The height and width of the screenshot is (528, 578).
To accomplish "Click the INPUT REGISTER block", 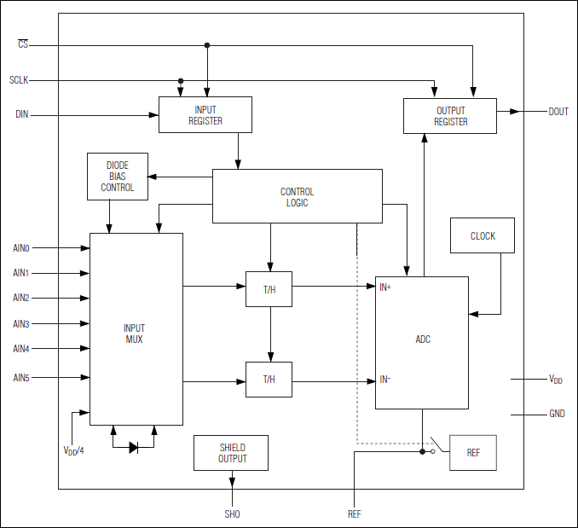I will (205, 114).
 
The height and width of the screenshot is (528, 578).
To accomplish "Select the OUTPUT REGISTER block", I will (450, 116).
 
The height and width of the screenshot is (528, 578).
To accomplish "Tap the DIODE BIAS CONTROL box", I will (118, 177).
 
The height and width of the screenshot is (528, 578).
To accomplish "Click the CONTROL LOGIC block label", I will (297, 197).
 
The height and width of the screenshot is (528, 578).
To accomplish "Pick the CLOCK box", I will (483, 236).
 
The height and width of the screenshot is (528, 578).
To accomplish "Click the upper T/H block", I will (269, 289).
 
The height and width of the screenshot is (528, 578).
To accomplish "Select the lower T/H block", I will (269, 380).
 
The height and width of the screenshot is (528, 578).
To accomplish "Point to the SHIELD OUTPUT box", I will (232, 453).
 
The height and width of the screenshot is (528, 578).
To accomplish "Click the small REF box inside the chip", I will (473, 452).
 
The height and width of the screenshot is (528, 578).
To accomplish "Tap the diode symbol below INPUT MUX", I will (134, 446).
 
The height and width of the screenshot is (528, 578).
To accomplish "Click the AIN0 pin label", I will (21, 248).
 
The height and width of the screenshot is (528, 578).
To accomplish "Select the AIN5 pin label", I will (21, 377).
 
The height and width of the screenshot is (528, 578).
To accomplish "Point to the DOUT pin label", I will (558, 112).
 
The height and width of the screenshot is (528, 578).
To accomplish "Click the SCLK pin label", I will (19, 80).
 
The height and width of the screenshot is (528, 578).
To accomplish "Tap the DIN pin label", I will (22, 114).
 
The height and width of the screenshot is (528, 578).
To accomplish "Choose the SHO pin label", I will (232, 513).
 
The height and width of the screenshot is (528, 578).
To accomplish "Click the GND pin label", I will (557, 415).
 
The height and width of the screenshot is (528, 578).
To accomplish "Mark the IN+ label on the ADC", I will (385, 287).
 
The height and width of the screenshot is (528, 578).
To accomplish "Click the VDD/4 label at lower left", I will (74, 450).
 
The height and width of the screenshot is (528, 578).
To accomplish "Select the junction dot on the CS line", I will (207, 45).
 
